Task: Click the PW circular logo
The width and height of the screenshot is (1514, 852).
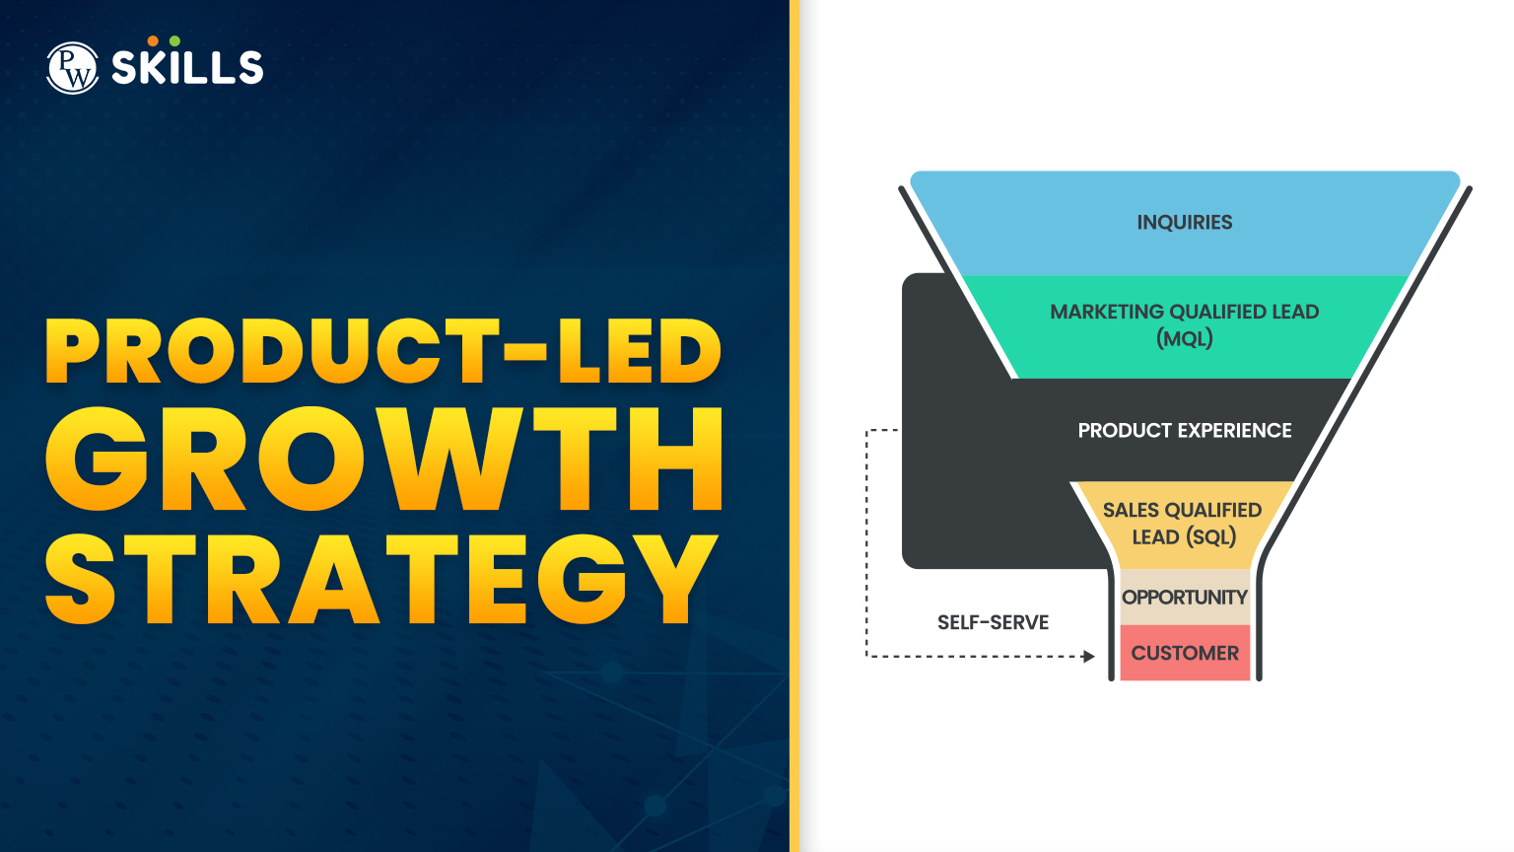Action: [x=72, y=68]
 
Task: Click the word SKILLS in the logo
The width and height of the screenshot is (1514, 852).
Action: [x=187, y=68]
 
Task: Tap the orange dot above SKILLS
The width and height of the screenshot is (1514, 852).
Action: [x=153, y=41]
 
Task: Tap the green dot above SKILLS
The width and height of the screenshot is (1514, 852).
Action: [x=174, y=41]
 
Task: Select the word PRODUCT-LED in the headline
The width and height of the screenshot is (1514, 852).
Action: [x=383, y=352]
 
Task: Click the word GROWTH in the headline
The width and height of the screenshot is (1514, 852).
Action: [x=385, y=461]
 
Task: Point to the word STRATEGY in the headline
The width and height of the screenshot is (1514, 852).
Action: [x=381, y=580]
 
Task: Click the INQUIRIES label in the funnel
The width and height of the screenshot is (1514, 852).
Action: [x=1184, y=223]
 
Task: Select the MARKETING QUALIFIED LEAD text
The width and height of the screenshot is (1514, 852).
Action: [x=1184, y=312]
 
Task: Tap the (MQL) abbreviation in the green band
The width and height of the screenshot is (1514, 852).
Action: [x=1184, y=339]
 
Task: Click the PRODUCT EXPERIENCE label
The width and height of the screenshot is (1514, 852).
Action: [x=1184, y=431]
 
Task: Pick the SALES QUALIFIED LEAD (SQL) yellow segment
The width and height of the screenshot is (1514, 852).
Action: [x=1183, y=524]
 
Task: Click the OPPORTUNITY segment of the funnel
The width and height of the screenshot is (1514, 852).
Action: [x=1184, y=598]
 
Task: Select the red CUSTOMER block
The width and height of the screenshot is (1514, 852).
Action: [x=1185, y=653]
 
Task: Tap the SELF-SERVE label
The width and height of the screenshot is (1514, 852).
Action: [x=993, y=622]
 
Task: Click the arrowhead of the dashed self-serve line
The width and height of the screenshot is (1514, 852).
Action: [x=1089, y=656]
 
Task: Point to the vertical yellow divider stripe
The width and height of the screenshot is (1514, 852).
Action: [x=794, y=426]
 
